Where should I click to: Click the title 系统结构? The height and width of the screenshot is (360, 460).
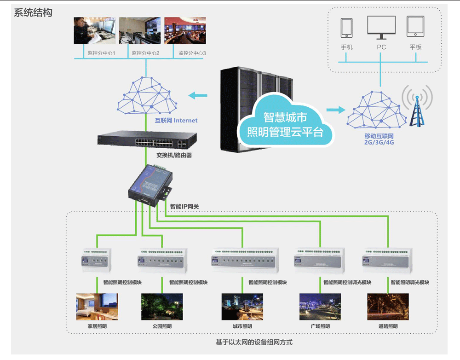click(x=33, y=12)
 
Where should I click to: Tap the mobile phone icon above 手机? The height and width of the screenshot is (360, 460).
click(x=346, y=28)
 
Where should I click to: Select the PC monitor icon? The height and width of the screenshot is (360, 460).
click(x=381, y=28)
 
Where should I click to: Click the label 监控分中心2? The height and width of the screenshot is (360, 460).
click(x=145, y=53)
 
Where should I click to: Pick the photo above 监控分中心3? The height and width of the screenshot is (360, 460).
click(x=185, y=31)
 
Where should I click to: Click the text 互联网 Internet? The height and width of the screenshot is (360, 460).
click(x=176, y=121)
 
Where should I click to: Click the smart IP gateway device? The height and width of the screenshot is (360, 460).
click(x=149, y=184)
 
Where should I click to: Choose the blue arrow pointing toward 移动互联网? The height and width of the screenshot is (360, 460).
click(x=335, y=110)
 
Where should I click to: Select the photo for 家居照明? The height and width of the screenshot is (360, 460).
click(x=97, y=307)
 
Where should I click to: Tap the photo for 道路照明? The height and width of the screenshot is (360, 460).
click(x=388, y=307)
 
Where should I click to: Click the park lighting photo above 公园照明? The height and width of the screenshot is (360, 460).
click(x=162, y=307)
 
